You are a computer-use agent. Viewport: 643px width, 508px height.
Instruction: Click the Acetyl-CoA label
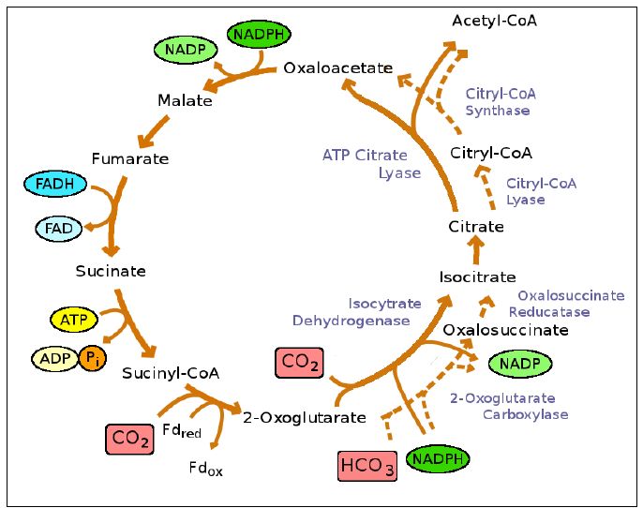(x=494, y=21)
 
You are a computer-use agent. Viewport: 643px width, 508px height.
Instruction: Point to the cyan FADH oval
(x=55, y=184)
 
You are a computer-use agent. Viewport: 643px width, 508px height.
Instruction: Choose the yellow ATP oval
(x=74, y=320)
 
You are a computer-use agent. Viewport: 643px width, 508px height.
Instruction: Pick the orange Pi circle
(x=92, y=358)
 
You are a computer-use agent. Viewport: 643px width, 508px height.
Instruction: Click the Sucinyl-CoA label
(x=171, y=373)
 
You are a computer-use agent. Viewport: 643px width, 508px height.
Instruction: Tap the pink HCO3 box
(x=367, y=465)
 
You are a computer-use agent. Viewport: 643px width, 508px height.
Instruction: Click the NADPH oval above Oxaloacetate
(x=259, y=35)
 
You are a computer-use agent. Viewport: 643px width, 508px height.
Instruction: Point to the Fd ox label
(x=205, y=468)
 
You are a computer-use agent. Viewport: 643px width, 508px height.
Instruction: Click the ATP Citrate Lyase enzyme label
(x=372, y=163)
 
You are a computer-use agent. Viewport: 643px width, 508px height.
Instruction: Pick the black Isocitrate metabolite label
(x=477, y=276)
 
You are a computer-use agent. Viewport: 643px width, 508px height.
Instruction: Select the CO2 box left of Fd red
(x=129, y=438)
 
